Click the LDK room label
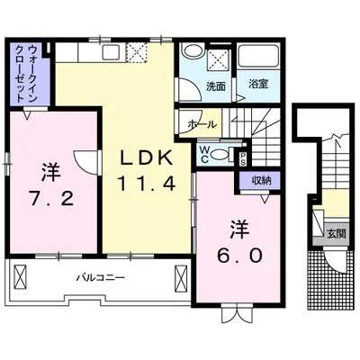tap(147, 159)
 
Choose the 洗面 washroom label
tap(215, 86)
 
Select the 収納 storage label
tap(261, 180)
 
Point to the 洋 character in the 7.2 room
tap(49, 167)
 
